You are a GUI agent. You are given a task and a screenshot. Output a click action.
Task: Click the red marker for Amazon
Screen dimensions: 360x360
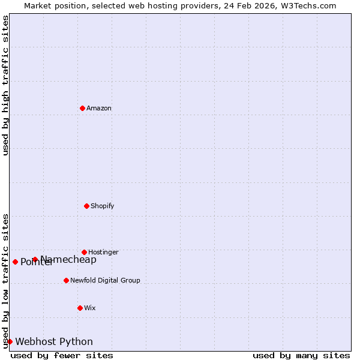pos(82,108)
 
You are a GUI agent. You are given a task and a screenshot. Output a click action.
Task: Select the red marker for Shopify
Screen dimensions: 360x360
pos(86,206)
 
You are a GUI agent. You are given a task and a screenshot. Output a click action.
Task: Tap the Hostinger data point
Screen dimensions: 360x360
pos(84,252)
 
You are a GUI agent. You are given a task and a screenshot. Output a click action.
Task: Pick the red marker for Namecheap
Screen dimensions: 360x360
pos(35,259)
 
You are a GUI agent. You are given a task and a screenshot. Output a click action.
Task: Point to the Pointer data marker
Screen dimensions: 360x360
pos(15,262)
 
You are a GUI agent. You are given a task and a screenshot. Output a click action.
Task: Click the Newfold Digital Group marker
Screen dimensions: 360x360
pos(66,280)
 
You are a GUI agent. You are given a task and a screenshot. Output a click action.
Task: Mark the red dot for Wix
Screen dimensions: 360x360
pos(80,308)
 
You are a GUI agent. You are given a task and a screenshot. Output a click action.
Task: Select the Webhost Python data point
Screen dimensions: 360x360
pos(10,341)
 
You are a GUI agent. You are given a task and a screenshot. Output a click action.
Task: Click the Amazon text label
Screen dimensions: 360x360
pos(99,108)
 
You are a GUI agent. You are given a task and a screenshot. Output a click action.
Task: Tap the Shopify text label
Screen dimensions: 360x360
pos(103,206)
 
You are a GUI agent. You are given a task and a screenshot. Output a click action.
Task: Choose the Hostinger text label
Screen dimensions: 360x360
pos(103,252)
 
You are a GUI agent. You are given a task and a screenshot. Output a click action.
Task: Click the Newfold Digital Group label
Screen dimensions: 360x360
pos(105,280)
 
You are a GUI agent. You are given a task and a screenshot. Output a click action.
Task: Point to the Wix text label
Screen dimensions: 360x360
pos(90,308)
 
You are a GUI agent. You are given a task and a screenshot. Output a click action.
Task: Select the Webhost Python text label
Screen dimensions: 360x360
pos(54,341)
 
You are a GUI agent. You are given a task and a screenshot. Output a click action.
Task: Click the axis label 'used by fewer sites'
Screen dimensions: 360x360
pos(62,355)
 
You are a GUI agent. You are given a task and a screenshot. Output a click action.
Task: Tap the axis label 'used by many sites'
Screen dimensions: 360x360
pos(301,355)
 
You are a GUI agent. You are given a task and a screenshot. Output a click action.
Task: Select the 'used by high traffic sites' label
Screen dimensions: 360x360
pos(5,85)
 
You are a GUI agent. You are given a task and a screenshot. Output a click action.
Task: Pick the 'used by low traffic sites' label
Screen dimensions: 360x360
pos(5,281)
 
